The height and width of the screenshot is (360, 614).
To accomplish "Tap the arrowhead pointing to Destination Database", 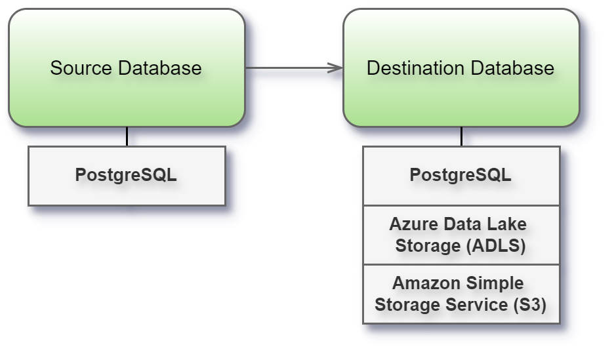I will [337, 68].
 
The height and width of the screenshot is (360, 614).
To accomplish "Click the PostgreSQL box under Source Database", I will [126, 176].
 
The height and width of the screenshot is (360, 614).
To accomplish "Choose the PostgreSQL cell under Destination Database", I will [460, 176].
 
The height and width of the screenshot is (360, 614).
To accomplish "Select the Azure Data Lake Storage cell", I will [460, 235].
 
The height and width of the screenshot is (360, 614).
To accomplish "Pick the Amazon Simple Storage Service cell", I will [460, 294].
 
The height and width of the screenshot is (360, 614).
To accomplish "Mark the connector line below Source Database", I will [127, 136].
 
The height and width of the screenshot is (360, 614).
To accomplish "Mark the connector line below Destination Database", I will [461, 136].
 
